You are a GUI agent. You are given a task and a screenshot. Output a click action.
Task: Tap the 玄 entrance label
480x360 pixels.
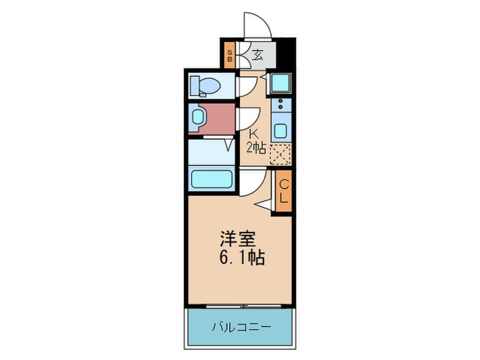[x=257, y=56]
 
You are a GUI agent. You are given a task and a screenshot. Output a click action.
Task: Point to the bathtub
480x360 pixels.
[x=213, y=180]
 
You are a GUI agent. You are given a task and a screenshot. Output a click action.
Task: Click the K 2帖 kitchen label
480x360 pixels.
[x=255, y=141]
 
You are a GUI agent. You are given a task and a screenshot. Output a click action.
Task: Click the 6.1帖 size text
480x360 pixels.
[x=241, y=259]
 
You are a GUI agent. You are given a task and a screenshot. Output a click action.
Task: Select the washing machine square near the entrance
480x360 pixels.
[x=280, y=83]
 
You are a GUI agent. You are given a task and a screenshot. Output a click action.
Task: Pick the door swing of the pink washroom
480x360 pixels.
[x=245, y=118]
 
